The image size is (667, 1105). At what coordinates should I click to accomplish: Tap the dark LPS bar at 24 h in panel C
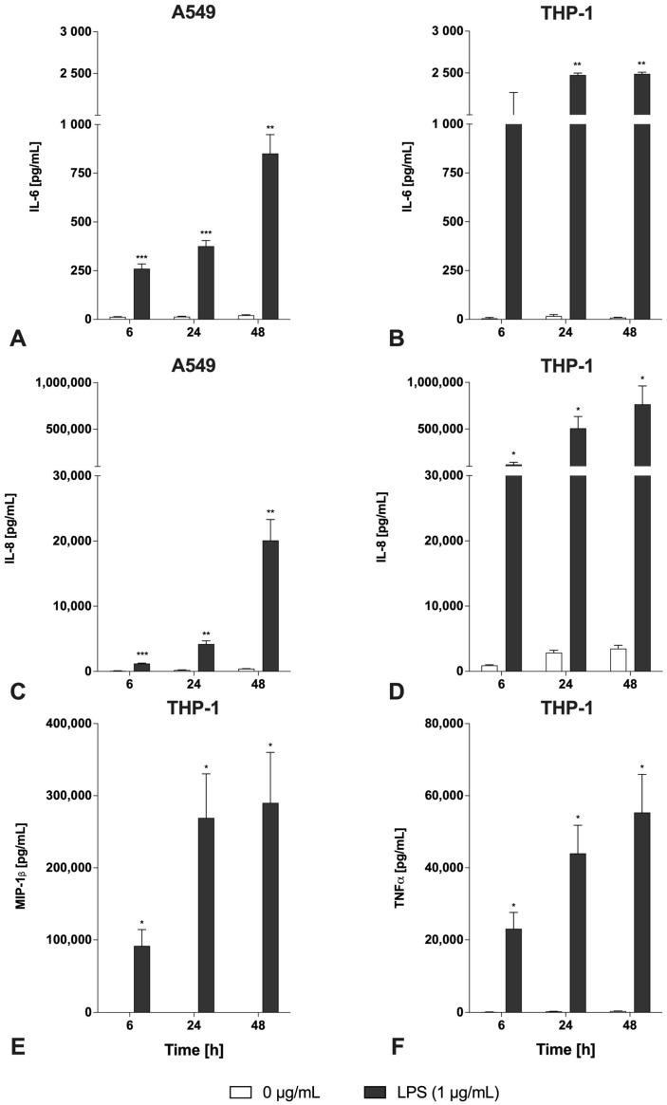pos(206,657)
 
